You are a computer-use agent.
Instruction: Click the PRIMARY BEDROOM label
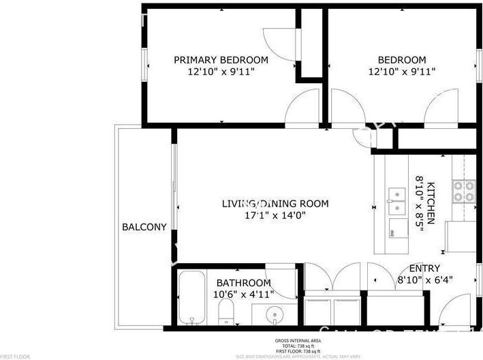click(220, 60)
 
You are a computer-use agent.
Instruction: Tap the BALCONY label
click(144, 227)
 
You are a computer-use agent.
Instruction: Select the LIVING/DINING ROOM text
click(275, 203)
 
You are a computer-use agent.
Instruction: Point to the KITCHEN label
click(439, 202)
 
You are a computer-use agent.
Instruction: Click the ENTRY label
click(424, 268)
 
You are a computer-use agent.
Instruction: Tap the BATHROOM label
click(243, 283)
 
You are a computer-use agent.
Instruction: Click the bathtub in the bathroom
click(195, 298)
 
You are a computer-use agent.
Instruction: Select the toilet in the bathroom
click(227, 314)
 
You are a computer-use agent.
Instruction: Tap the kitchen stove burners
click(465, 192)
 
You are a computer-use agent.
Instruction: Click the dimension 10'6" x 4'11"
click(243, 295)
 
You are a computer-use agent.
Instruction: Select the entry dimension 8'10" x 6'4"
click(424, 280)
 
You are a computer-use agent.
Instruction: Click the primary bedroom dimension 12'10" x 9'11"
click(220, 72)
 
